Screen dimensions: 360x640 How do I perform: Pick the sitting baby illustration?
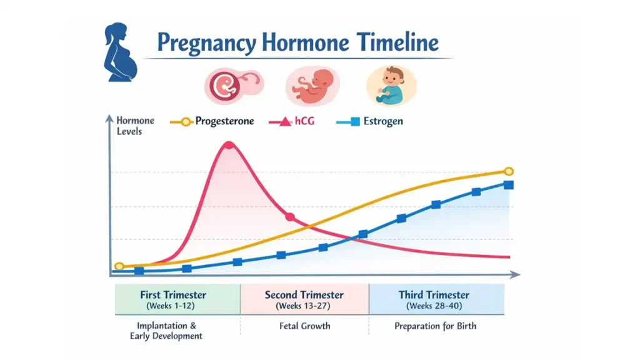tap(391, 85)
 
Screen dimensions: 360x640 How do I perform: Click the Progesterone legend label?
tap(224, 121)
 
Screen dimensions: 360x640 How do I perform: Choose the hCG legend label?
tap(304, 121)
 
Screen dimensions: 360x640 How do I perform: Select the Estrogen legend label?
tap(382, 121)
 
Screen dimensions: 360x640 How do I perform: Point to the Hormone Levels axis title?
tap(135, 126)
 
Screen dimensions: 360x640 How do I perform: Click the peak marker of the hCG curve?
tap(229, 145)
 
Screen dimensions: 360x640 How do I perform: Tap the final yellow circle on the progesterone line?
tap(509, 171)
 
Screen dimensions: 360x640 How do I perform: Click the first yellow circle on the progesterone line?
tap(119, 266)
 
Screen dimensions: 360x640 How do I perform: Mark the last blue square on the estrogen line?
tap(509, 184)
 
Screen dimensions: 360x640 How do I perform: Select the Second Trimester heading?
tap(304, 295)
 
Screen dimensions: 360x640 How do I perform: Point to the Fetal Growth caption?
tap(304, 326)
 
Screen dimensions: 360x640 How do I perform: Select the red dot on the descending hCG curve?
tap(289, 217)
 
